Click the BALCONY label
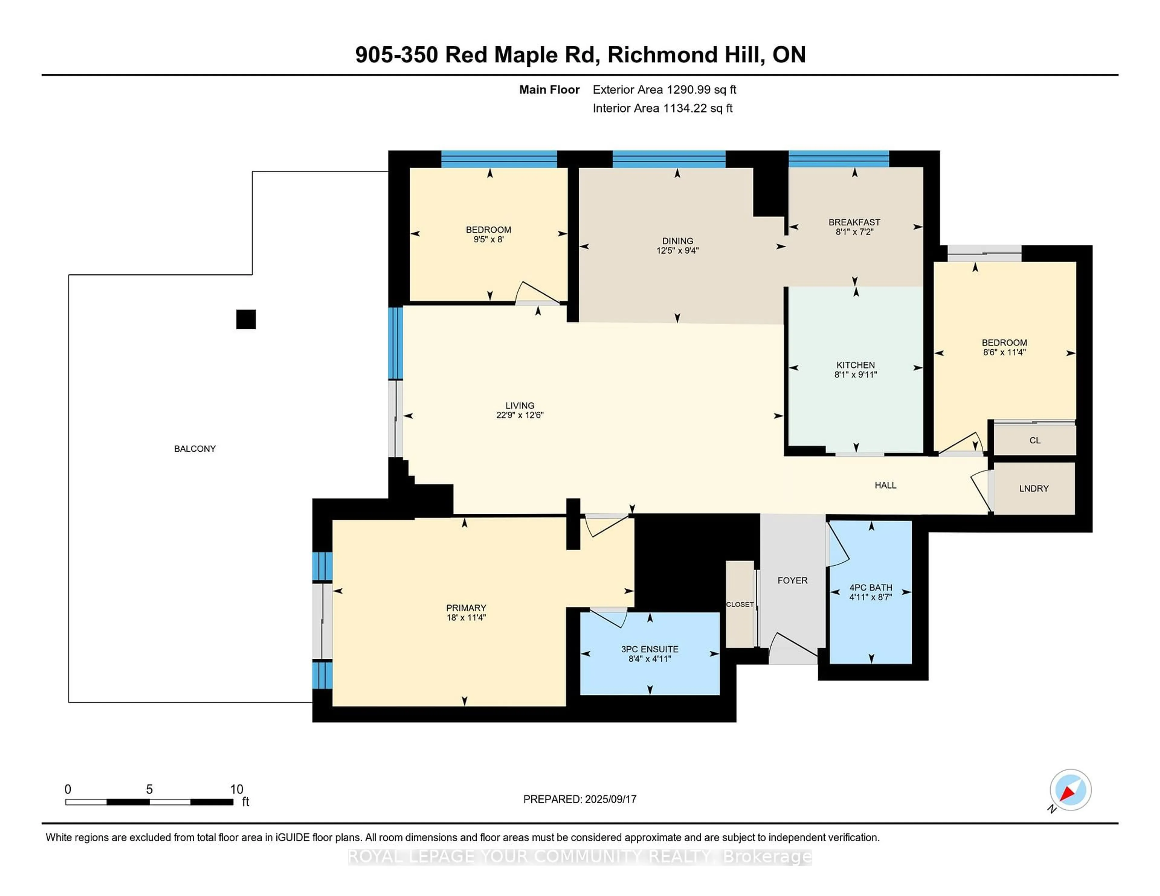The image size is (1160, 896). coord(195,449)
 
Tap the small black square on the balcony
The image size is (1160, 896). coord(246,319)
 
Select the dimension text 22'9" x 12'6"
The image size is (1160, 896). coord(520,415)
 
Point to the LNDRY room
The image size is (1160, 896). coord(1034,488)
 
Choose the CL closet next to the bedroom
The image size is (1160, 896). coord(1035,440)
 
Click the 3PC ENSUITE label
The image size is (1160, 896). coord(649,649)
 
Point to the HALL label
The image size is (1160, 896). coord(885,485)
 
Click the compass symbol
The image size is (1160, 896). coord(1070,790)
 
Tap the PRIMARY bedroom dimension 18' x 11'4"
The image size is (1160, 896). coord(466,617)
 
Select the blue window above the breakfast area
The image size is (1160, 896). coord(838,159)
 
